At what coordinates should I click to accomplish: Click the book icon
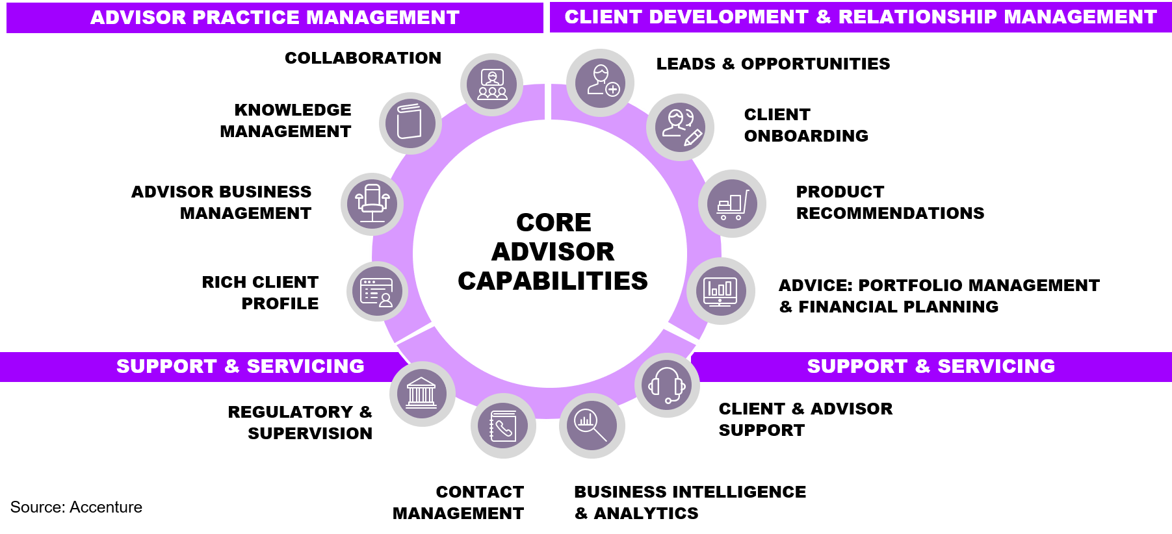[410, 123]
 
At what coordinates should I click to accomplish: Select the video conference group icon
[492, 84]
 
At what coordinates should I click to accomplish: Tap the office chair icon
[372, 204]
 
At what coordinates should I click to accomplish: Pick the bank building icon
[422, 394]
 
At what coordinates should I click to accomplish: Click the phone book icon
[503, 426]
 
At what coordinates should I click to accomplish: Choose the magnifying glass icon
[592, 426]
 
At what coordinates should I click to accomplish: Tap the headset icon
[668, 385]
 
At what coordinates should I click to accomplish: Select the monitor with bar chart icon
[720, 291]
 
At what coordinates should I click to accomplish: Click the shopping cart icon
[733, 204]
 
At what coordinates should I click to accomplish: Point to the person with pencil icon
[680, 127]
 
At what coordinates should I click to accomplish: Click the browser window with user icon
[377, 291]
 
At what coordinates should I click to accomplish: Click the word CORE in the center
[554, 223]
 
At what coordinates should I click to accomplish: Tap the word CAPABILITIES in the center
[553, 281]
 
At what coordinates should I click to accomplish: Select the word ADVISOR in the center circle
[553, 252]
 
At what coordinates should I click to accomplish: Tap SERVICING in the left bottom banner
[306, 366]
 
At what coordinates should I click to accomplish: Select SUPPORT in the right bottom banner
[857, 366]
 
